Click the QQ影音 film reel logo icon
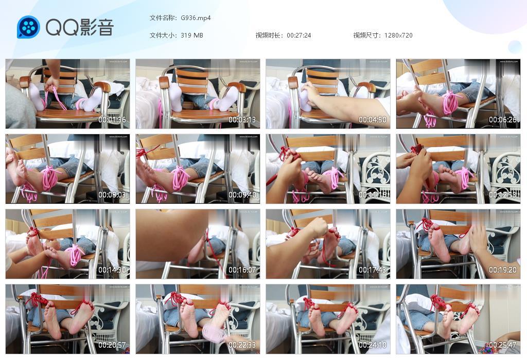click(28, 27)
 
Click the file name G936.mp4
click(196, 18)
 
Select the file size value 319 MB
click(192, 35)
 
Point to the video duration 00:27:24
click(298, 35)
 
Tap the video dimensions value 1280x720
click(398, 35)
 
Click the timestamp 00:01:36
click(112, 120)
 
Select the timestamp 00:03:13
click(242, 120)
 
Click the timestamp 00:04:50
click(373, 120)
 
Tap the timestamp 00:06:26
click(503, 120)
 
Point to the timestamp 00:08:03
click(112, 195)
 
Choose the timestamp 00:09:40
click(242, 195)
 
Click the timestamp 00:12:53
click(503, 195)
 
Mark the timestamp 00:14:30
click(112, 270)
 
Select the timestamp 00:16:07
click(242, 270)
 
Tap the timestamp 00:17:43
click(373, 270)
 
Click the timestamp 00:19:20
click(503, 270)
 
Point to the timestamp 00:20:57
click(112, 345)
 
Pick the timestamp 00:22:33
click(242, 345)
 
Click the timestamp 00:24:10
click(373, 345)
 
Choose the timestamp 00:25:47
click(503, 345)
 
